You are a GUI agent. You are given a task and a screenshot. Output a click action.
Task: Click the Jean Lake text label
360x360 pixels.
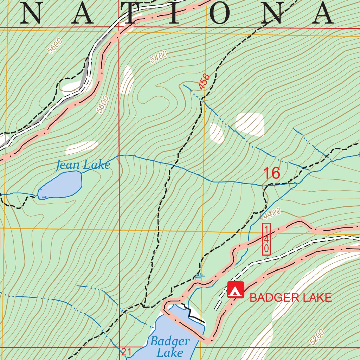pos(83,165)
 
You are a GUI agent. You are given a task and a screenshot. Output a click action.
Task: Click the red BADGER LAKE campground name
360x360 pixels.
pos(290,298)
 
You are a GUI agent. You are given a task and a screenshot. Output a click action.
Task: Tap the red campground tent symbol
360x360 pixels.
pos(236,290)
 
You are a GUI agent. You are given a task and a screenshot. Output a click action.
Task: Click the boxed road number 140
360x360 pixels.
pos(266,239)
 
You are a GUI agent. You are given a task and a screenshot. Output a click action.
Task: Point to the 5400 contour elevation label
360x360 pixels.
pos(159,57)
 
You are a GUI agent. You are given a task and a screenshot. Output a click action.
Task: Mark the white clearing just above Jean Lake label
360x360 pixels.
pos(82,147)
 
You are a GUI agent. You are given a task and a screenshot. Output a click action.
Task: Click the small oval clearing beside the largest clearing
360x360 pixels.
pos(217,133)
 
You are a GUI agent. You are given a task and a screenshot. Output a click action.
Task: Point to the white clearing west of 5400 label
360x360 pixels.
pos(127,80)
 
